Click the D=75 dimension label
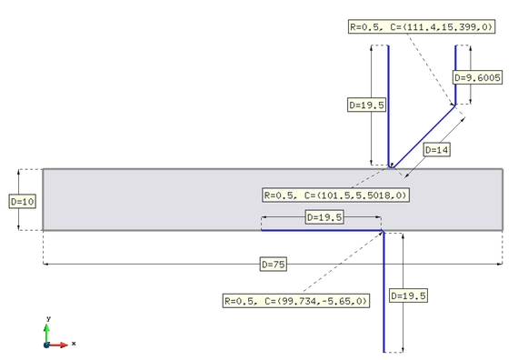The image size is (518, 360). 274,264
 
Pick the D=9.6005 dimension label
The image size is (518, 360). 477,78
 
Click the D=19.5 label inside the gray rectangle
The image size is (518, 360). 324,217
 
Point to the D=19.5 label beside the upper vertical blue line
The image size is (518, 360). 367,105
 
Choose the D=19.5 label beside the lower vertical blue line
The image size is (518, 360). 408,295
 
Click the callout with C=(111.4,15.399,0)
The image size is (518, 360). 422,27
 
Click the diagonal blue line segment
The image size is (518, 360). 423,136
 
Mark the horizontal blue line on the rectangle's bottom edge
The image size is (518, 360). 318,230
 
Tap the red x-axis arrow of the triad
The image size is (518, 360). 60,345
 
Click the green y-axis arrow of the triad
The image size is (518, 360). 47,332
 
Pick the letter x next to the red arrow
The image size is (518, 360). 74,344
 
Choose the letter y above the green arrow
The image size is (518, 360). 47,318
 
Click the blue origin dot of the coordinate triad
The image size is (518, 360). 47,345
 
